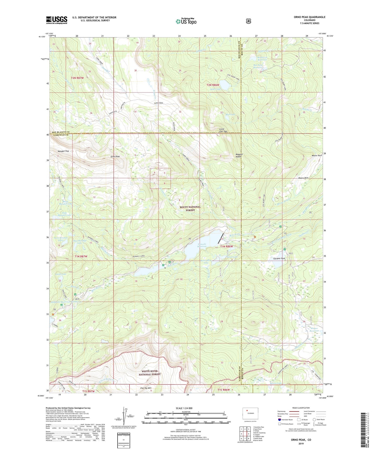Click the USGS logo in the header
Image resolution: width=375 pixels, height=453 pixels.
coord(57,20)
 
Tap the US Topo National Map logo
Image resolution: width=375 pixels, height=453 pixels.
coord(186,21)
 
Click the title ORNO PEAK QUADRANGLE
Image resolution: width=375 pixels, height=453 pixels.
coord(309,17)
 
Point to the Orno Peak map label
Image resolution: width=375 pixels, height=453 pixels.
coord(115,157)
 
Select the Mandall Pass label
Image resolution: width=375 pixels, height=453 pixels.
coord(63,151)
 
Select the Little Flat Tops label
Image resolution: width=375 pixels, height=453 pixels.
coord(223,130)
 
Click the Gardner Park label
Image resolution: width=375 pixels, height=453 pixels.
coord(279,259)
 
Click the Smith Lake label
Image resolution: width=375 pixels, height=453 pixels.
coord(61,274)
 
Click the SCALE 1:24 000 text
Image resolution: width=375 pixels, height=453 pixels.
coord(184,408)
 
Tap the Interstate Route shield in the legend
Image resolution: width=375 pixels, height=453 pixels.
coord(279,419)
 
